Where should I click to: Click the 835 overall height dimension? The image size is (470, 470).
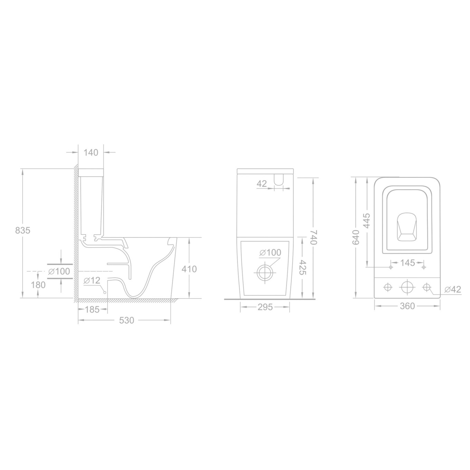pyautogui.click(x=23, y=230)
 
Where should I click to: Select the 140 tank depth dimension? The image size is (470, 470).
pyautogui.click(x=91, y=152)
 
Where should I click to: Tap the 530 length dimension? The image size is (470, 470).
pyautogui.click(x=126, y=320)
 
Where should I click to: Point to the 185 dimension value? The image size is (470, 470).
pyautogui.click(x=92, y=310)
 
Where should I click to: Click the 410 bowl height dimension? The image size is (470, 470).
pyautogui.click(x=189, y=269)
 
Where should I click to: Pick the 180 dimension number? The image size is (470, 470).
pyautogui.click(x=38, y=285)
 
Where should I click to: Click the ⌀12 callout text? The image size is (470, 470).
pyautogui.click(x=92, y=281)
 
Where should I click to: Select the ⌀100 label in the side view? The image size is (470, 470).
pyautogui.click(x=59, y=271)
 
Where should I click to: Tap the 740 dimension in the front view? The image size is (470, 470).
pyautogui.click(x=314, y=237)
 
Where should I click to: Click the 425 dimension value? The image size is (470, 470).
pyautogui.click(x=303, y=267)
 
